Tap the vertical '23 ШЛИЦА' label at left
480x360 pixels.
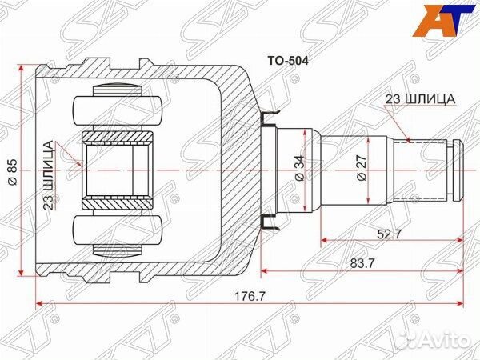[49, 174]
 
